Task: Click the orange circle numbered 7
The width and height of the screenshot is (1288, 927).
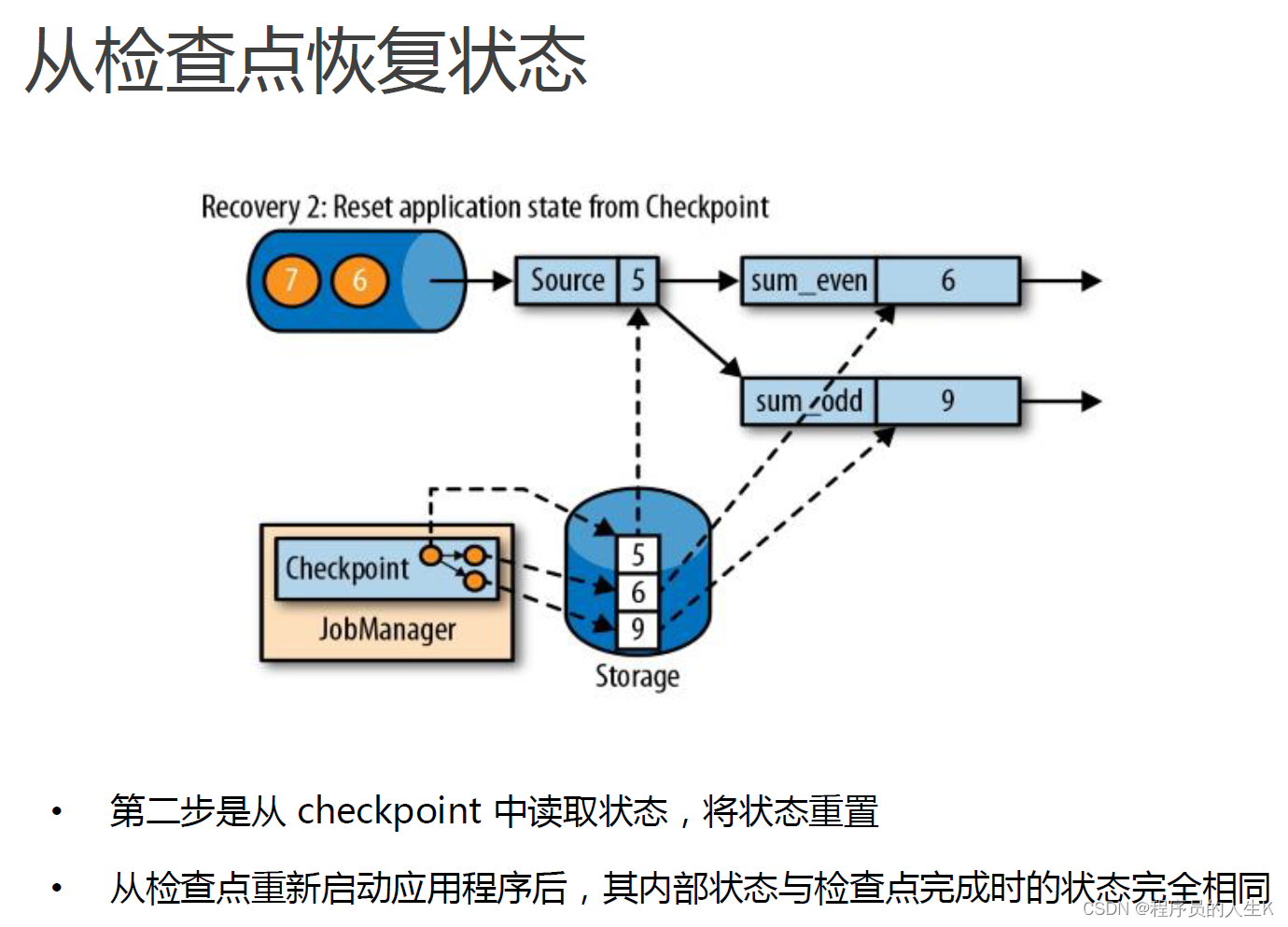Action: point(290,280)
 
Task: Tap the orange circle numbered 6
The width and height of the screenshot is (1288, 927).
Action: point(359,280)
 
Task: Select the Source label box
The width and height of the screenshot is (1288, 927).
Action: point(567,280)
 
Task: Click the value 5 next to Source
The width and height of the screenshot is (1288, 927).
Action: point(638,280)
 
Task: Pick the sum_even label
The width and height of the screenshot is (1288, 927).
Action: point(808,280)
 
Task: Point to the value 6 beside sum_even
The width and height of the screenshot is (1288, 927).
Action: point(947,280)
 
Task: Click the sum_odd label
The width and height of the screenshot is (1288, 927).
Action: point(808,400)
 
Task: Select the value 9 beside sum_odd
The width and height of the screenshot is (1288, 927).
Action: point(947,400)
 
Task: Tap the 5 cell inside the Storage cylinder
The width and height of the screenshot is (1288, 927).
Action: point(638,555)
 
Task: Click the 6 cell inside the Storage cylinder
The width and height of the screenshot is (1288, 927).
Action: point(638,592)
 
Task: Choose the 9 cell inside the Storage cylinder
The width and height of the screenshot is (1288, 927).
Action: point(638,629)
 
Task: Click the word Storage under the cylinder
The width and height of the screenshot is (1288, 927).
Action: point(637,676)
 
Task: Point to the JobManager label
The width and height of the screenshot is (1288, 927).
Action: point(387,629)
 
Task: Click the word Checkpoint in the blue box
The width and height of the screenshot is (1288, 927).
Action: point(347,568)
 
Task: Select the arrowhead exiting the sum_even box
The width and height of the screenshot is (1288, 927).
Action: point(1090,280)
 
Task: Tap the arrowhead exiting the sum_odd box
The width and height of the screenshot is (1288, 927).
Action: point(1090,401)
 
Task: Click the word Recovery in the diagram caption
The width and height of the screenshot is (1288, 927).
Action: point(250,206)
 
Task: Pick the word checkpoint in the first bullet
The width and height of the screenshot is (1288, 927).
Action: point(389,810)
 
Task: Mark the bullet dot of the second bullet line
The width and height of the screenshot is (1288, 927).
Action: point(57,888)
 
